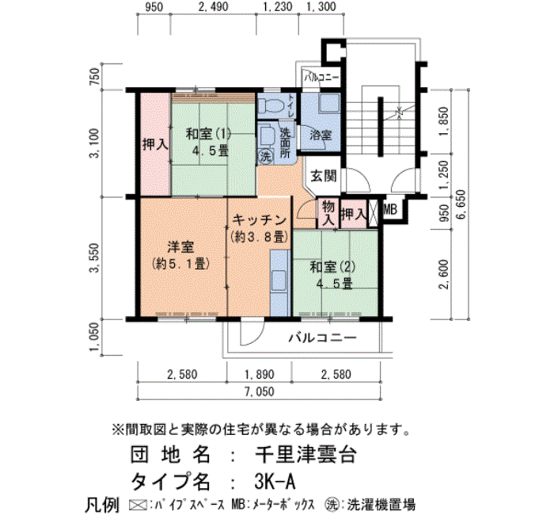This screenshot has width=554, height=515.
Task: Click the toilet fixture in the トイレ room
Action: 270,105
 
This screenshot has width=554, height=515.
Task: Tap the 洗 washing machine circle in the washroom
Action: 265,156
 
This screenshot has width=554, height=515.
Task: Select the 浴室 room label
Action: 321,135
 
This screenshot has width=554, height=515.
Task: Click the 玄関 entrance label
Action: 323,176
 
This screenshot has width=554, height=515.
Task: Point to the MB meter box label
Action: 389,210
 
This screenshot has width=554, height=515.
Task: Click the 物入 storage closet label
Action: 328,214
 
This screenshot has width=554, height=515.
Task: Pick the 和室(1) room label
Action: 208,134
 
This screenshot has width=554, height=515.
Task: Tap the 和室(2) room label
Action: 332,267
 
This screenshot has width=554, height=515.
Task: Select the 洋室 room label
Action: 180,247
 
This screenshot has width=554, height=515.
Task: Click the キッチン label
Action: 259,220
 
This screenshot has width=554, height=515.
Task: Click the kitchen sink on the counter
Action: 279,280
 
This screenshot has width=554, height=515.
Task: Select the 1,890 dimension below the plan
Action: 259,374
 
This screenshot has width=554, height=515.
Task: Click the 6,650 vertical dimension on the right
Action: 461,205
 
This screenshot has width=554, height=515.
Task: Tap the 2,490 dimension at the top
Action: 213,6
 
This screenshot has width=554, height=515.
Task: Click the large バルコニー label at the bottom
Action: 323,338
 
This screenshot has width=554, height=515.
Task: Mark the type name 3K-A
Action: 274,482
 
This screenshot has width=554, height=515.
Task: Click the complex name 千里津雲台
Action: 305,455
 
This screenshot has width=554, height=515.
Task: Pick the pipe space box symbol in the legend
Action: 138,505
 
